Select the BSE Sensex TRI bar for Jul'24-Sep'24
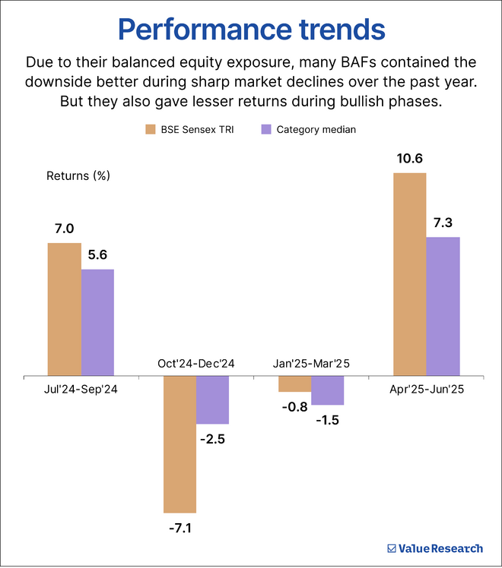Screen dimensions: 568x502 point(65,309)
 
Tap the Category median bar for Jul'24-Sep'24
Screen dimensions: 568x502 point(97,322)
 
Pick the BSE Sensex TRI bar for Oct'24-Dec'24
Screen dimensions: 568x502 point(180,443)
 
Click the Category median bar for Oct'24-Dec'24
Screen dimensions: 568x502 point(213,399)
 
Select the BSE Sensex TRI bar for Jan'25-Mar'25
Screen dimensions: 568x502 point(295,383)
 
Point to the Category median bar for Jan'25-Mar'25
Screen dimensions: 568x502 point(328,390)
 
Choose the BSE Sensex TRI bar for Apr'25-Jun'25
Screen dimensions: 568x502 point(410,274)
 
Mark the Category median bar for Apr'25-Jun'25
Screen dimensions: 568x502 point(443,306)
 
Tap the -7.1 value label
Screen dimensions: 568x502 point(180,526)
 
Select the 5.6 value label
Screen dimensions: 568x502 point(97,256)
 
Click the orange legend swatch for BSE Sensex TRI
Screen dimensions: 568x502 point(150,129)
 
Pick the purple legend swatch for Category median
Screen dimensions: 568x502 point(266,129)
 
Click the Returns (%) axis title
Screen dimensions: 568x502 point(78,175)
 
